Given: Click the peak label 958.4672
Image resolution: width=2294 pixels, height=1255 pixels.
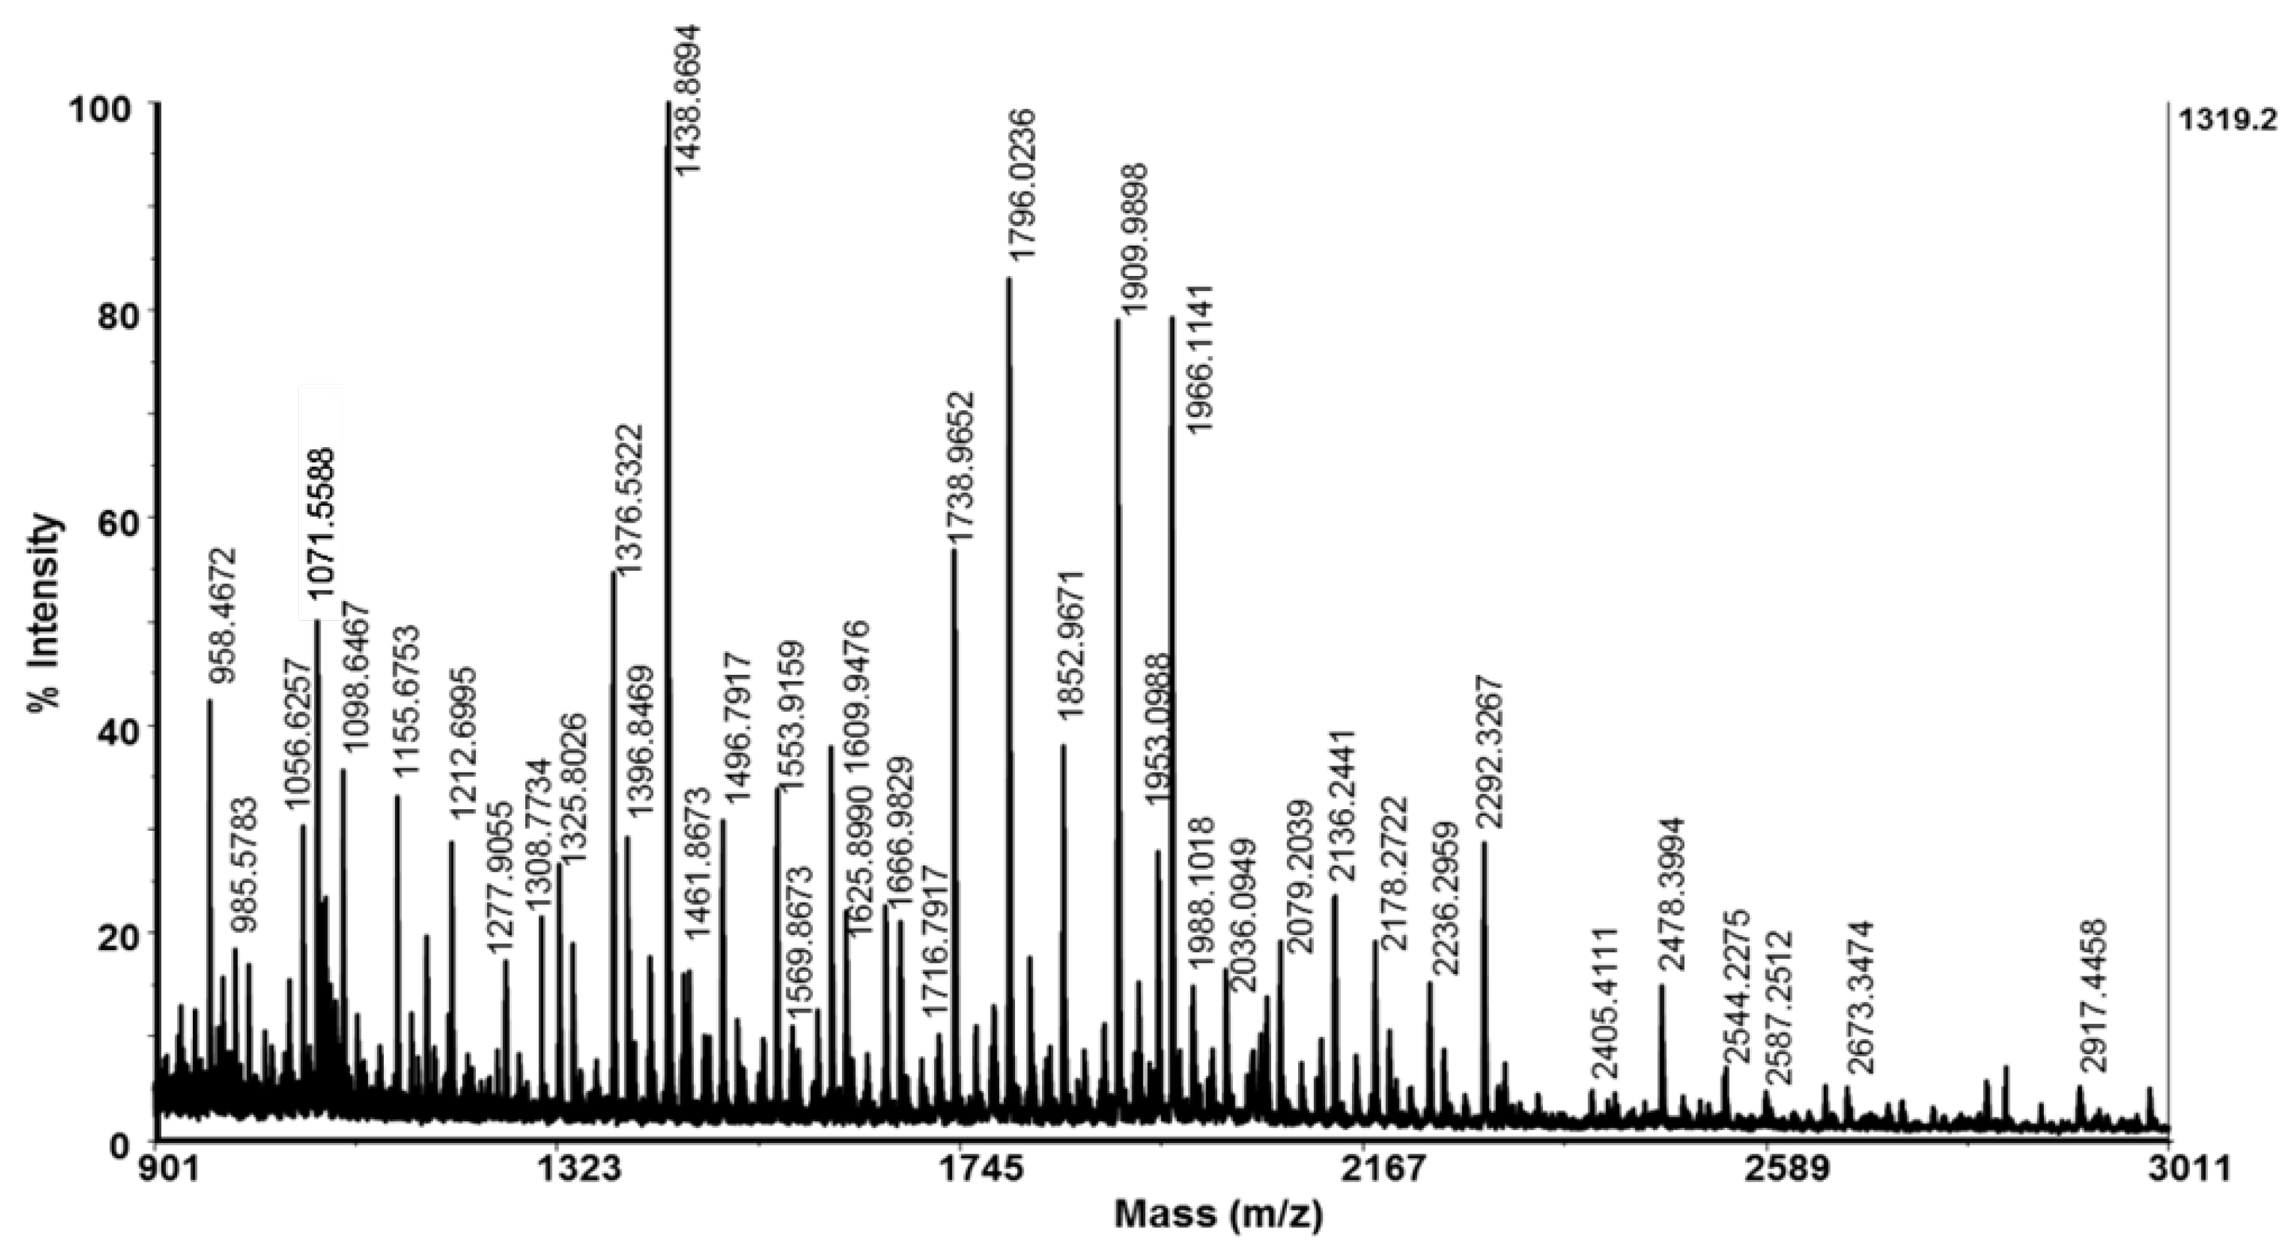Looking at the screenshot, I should (x=224, y=616).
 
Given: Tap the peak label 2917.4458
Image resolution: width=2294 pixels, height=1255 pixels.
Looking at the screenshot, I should (x=2089, y=995).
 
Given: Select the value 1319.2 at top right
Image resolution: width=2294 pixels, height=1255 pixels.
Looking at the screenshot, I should (x=2234, y=119).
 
